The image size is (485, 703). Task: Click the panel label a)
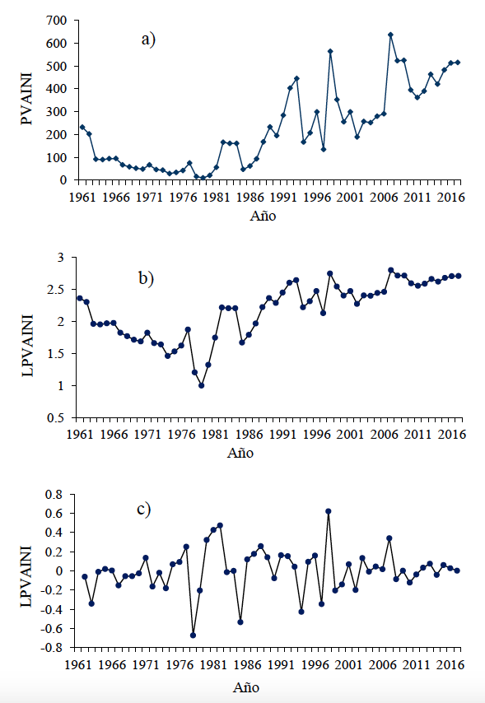click(x=148, y=40)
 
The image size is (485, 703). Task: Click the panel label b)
click(x=147, y=278)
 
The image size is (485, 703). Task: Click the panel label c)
click(x=143, y=510)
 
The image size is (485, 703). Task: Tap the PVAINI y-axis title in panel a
click(x=27, y=99)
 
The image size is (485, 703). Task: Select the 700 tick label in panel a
click(x=56, y=21)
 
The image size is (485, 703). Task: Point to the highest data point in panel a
click(x=390, y=35)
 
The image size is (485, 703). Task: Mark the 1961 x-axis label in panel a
click(x=83, y=198)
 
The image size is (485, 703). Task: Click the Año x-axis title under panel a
click(x=263, y=216)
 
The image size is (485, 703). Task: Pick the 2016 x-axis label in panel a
click(x=450, y=198)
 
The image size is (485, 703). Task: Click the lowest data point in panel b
click(x=202, y=385)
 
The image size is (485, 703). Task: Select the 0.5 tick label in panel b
click(x=57, y=418)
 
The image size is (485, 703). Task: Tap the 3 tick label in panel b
click(x=61, y=258)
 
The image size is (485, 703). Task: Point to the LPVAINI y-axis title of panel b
click(x=28, y=345)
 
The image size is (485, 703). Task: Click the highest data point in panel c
click(x=329, y=511)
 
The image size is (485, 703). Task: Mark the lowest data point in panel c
click(x=193, y=635)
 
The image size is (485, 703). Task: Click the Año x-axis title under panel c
click(x=246, y=687)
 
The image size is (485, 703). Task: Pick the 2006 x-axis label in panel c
click(x=382, y=664)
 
